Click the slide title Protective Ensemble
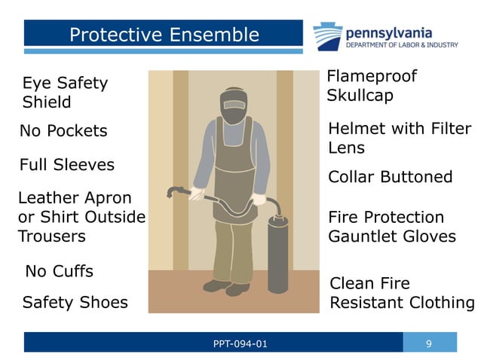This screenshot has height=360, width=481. click(x=164, y=35)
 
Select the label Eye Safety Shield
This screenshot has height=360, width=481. click(x=65, y=93)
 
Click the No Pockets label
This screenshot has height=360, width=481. click(x=63, y=131)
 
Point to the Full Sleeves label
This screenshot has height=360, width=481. click(x=66, y=164)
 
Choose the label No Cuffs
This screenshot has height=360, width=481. click(x=60, y=270)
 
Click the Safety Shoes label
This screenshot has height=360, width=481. click(x=75, y=303)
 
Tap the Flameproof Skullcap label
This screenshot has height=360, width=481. click(x=371, y=86)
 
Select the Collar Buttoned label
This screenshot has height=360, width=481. click(x=390, y=177)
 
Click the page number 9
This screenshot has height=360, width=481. click(x=428, y=344)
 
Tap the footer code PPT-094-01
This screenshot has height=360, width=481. click(x=240, y=344)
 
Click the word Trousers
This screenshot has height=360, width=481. click(x=52, y=236)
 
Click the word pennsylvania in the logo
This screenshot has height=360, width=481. click(x=388, y=32)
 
